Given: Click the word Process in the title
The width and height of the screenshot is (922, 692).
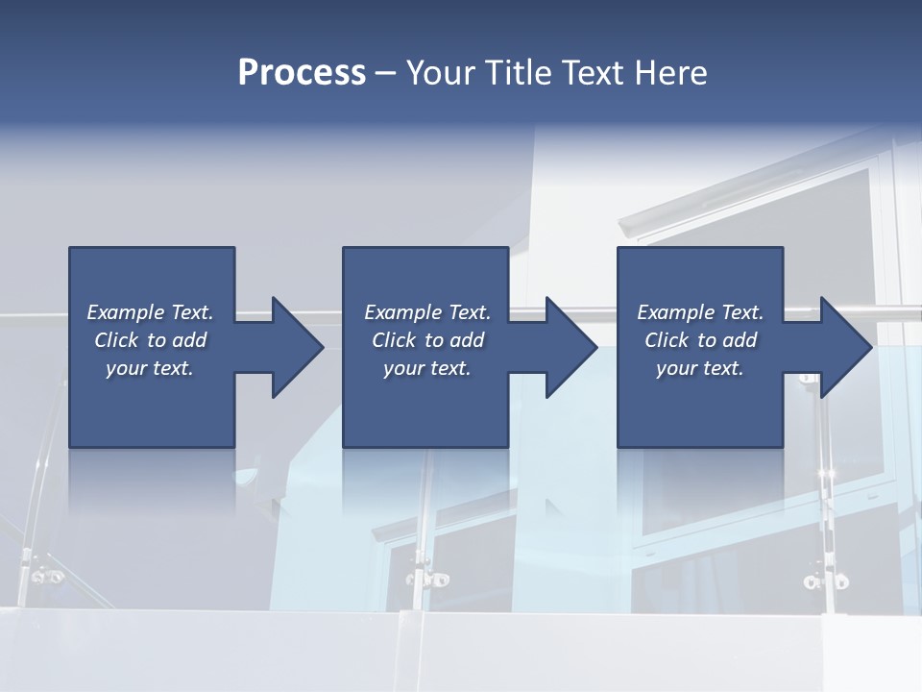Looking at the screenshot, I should [x=302, y=73].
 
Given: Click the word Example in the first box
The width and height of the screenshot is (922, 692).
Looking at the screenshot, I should [x=126, y=312].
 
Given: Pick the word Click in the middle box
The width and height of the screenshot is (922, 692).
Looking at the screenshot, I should [x=393, y=340].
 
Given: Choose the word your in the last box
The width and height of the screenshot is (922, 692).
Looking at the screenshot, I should [x=676, y=368].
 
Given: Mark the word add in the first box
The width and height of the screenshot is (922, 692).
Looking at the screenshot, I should [x=190, y=340].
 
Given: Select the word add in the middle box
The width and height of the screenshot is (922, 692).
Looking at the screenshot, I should [x=468, y=340].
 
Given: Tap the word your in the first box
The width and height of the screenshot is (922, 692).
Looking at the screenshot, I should [x=126, y=368].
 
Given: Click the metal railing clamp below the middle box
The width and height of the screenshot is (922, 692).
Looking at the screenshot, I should [x=428, y=579].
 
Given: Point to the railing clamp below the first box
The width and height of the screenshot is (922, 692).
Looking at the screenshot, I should [x=46, y=577].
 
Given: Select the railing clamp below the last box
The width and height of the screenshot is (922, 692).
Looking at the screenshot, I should [x=825, y=581].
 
